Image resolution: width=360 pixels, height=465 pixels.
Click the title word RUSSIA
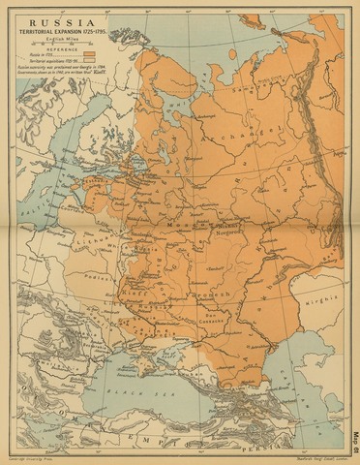point(58,20)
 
